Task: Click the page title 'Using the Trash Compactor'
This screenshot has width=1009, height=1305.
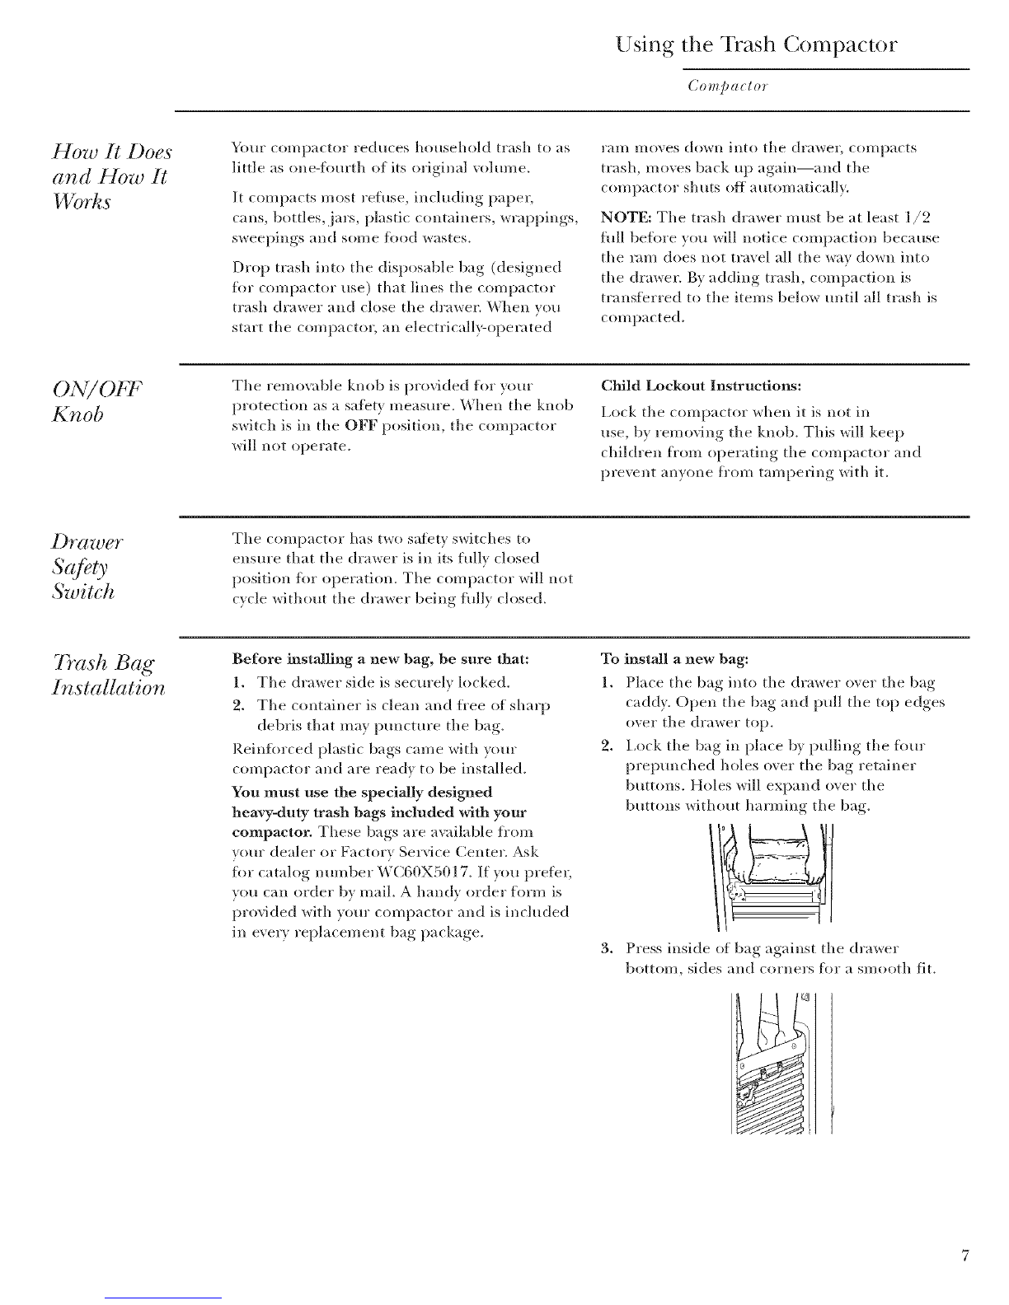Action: coord(756,45)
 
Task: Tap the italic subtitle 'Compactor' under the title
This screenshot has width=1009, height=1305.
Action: coord(728,87)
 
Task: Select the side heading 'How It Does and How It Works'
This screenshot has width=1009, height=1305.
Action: coord(112,176)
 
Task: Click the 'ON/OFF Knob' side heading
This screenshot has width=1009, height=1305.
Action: coord(97,401)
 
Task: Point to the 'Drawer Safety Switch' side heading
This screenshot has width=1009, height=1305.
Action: coord(87,566)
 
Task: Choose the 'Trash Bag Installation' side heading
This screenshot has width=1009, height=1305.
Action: coord(108,675)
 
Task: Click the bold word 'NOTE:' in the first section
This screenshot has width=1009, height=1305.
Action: coord(627,217)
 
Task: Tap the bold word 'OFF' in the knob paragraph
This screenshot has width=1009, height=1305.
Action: coord(361,426)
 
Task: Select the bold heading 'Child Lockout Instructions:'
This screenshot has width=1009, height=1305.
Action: coord(702,386)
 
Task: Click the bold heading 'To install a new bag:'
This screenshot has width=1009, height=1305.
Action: coord(674,659)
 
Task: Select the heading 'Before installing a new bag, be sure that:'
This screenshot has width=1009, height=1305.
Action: coord(380,659)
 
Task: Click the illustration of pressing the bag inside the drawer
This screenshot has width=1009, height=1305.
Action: coord(782,1063)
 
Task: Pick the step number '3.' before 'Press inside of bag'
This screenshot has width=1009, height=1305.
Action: coord(607,949)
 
